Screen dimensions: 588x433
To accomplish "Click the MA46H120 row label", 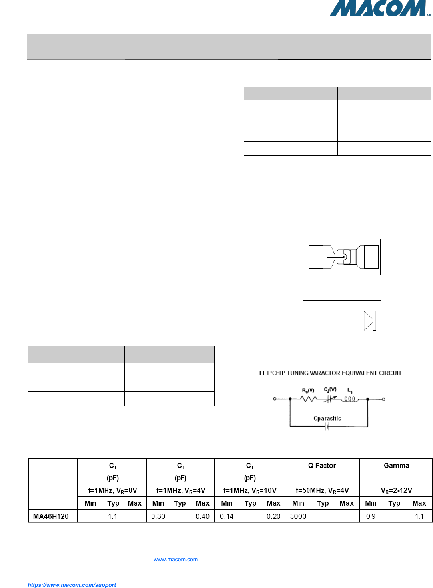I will pos(51,516).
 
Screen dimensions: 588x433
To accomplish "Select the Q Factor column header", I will pos(322,466).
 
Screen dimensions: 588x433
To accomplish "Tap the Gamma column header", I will pos(396,466).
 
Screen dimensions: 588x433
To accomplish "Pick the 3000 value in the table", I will pos(298,516).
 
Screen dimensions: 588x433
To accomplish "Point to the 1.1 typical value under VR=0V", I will pos(113,516).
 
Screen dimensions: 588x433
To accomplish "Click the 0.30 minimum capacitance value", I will pos(158,516).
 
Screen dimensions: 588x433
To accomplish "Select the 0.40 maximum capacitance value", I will pos(203,516).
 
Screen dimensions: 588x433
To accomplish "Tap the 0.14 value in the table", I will pos(227,516).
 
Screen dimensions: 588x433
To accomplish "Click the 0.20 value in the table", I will pos(273,516).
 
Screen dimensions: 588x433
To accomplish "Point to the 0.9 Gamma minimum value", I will pos(371,516).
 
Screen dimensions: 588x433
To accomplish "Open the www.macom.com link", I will pos(176,560).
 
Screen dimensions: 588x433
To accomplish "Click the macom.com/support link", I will pos(72,585).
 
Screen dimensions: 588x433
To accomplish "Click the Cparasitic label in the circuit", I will pos(327,418).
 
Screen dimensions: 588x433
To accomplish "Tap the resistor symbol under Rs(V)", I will pos(309,399).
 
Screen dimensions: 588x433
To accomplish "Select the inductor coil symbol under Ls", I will pos(349,399).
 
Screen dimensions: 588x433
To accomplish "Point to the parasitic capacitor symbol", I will pos(327,427).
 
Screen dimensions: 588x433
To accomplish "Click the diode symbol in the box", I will pos(370,321).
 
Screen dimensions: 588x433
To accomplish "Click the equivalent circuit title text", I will pos(330,373).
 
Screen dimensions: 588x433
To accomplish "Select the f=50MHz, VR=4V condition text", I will pos(322,490).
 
